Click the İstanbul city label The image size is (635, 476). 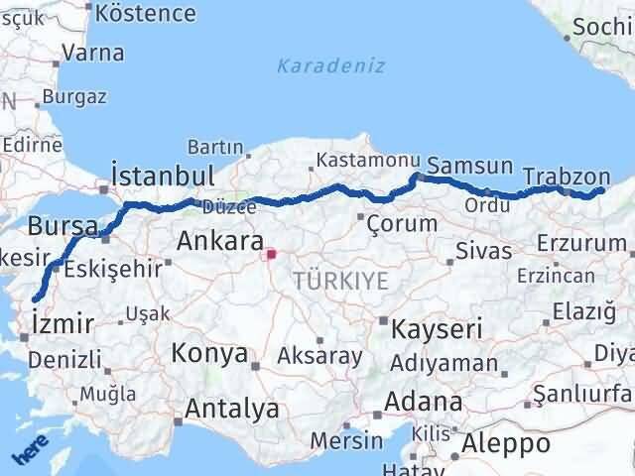[164, 176]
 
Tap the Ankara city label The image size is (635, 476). [219, 241]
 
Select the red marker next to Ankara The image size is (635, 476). [271, 254]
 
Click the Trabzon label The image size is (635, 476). [567, 176]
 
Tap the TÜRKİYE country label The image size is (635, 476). [340, 281]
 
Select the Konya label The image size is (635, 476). [209, 352]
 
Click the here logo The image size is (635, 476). [30, 451]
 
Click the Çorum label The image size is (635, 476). [402, 223]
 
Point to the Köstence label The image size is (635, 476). [147, 13]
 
